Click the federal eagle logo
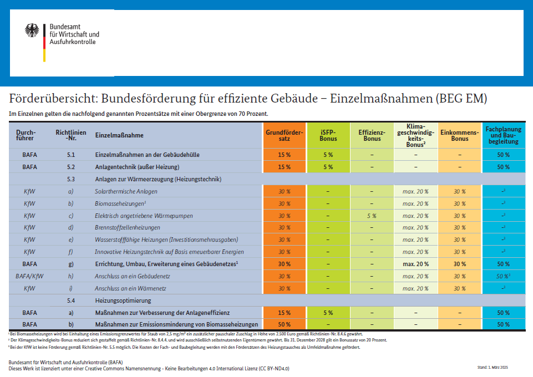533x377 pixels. (x=33, y=31)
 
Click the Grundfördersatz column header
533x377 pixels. (x=284, y=135)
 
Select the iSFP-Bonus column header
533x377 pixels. (x=328, y=135)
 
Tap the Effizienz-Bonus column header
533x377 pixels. (x=372, y=135)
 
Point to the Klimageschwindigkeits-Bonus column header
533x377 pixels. (x=415, y=135)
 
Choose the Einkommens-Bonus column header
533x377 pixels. (x=459, y=135)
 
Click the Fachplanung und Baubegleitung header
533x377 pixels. (x=504, y=135)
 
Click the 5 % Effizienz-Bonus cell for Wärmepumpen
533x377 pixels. (x=372, y=216)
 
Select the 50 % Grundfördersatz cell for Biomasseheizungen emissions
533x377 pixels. (x=284, y=324)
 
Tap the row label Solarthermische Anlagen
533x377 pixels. (x=126, y=191)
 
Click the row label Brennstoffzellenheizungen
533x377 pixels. (x=128, y=228)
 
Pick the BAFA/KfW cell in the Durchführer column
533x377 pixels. (x=29, y=277)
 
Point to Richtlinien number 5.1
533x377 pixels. (x=70, y=155)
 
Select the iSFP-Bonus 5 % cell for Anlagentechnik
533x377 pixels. (x=328, y=167)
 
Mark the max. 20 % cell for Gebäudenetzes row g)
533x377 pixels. (x=415, y=264)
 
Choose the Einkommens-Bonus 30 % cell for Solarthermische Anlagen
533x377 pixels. (x=459, y=191)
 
